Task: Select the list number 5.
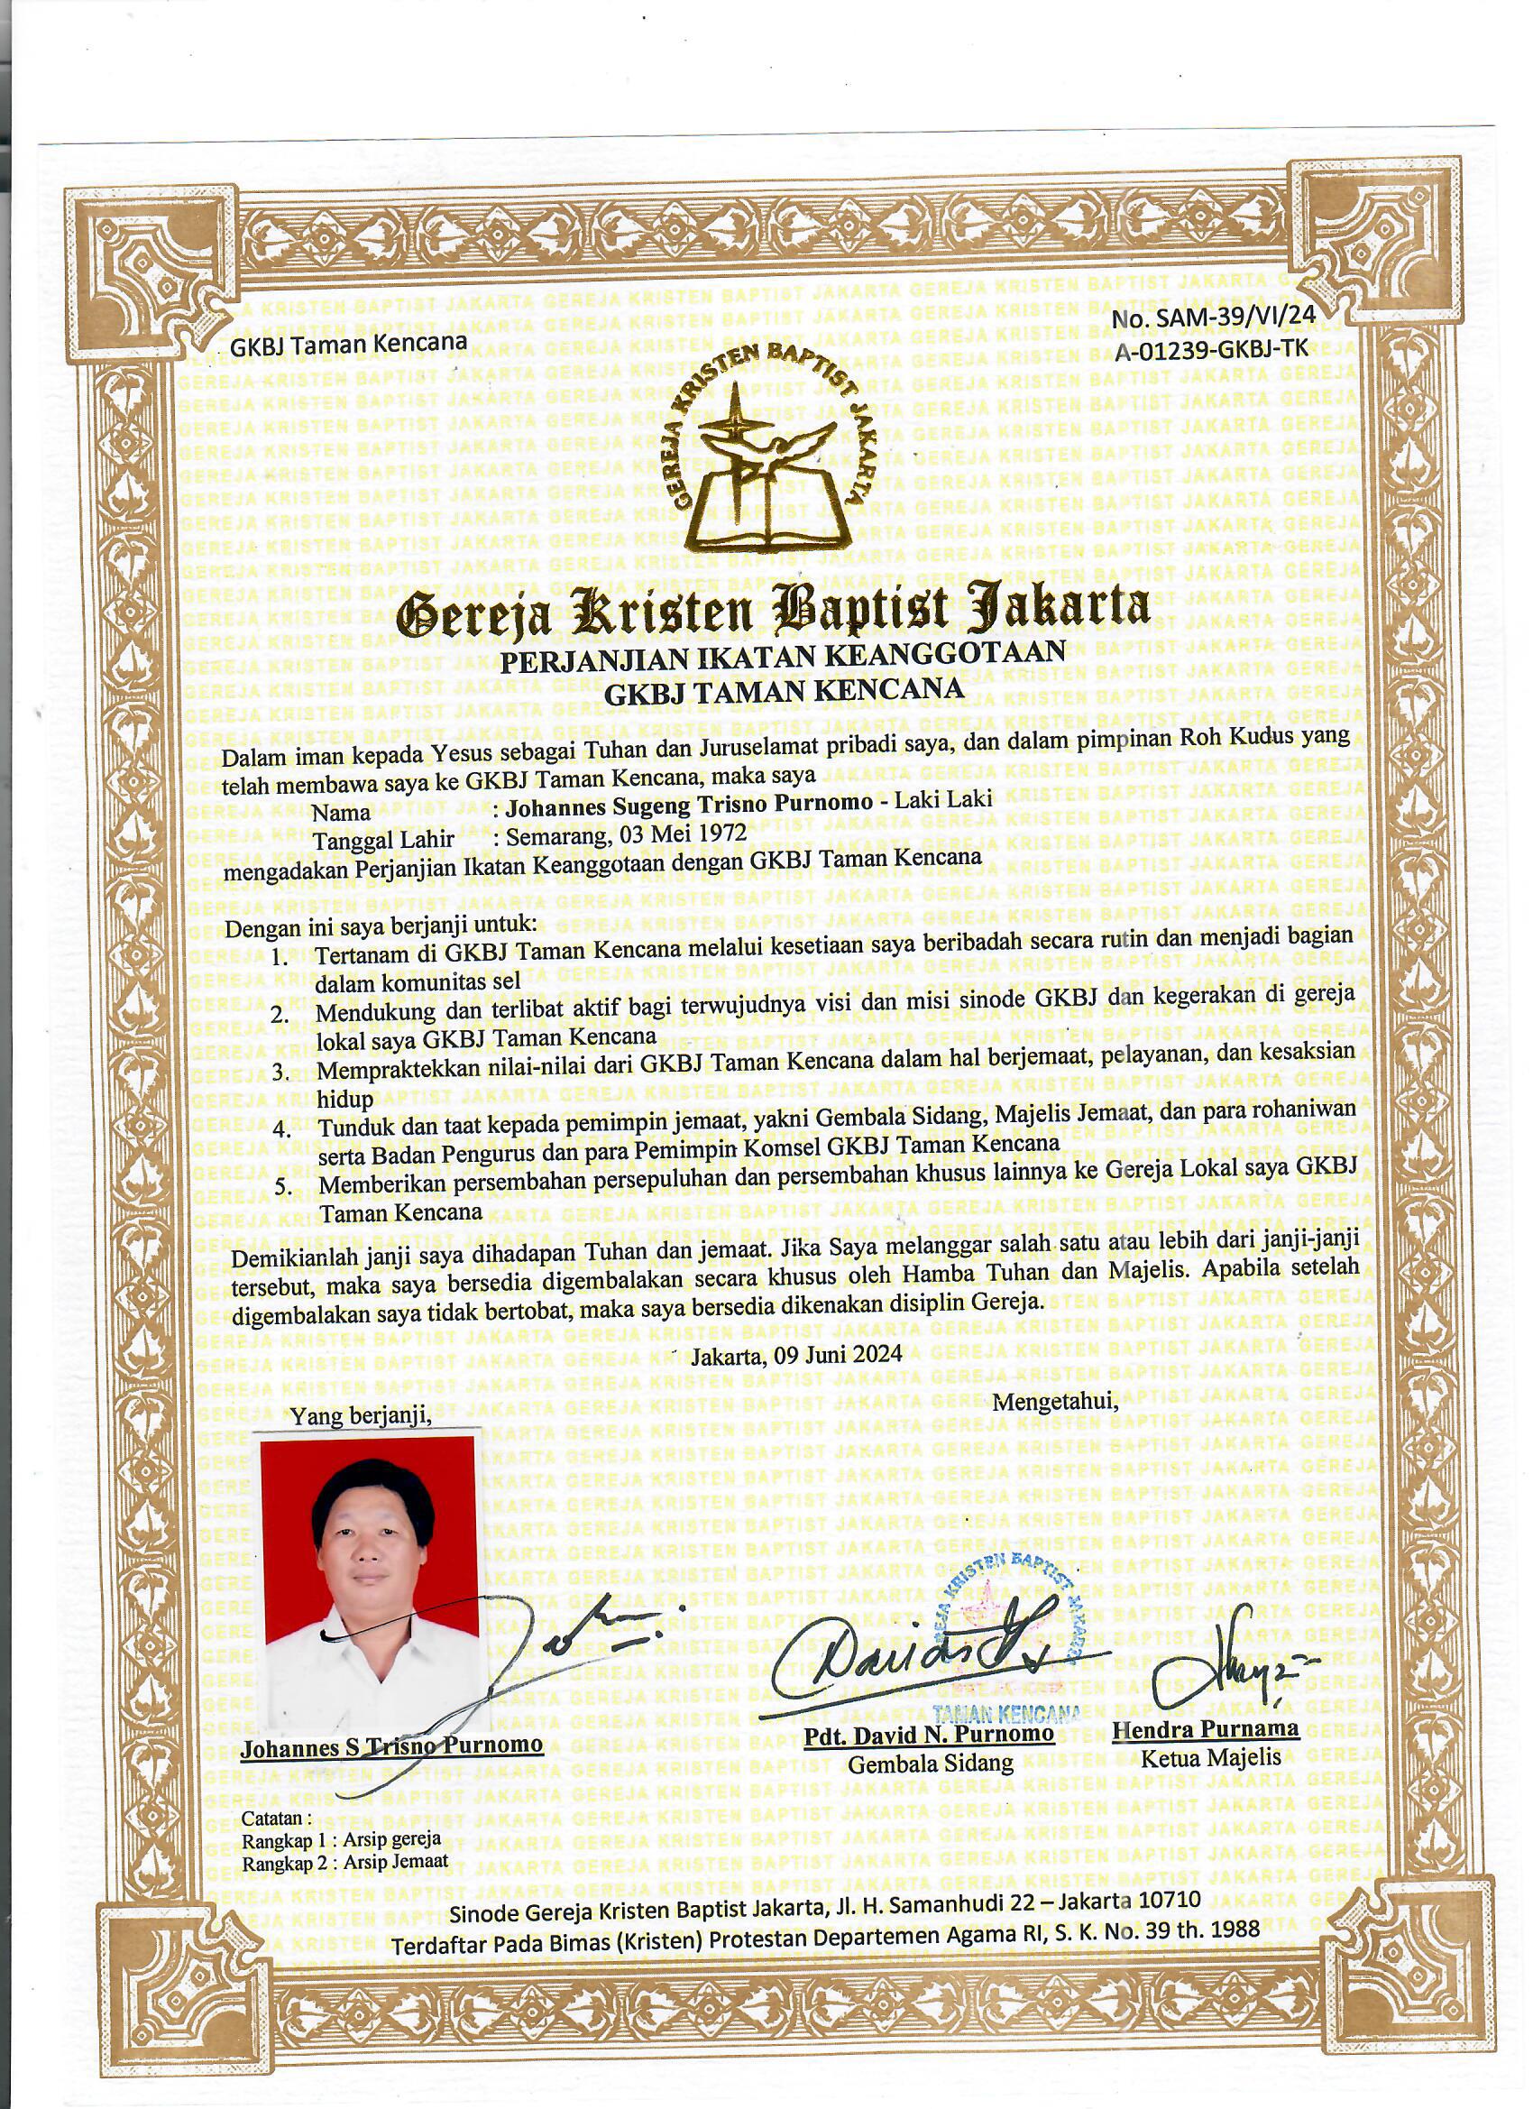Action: (282, 1187)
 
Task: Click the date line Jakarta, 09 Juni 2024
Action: (797, 1354)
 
